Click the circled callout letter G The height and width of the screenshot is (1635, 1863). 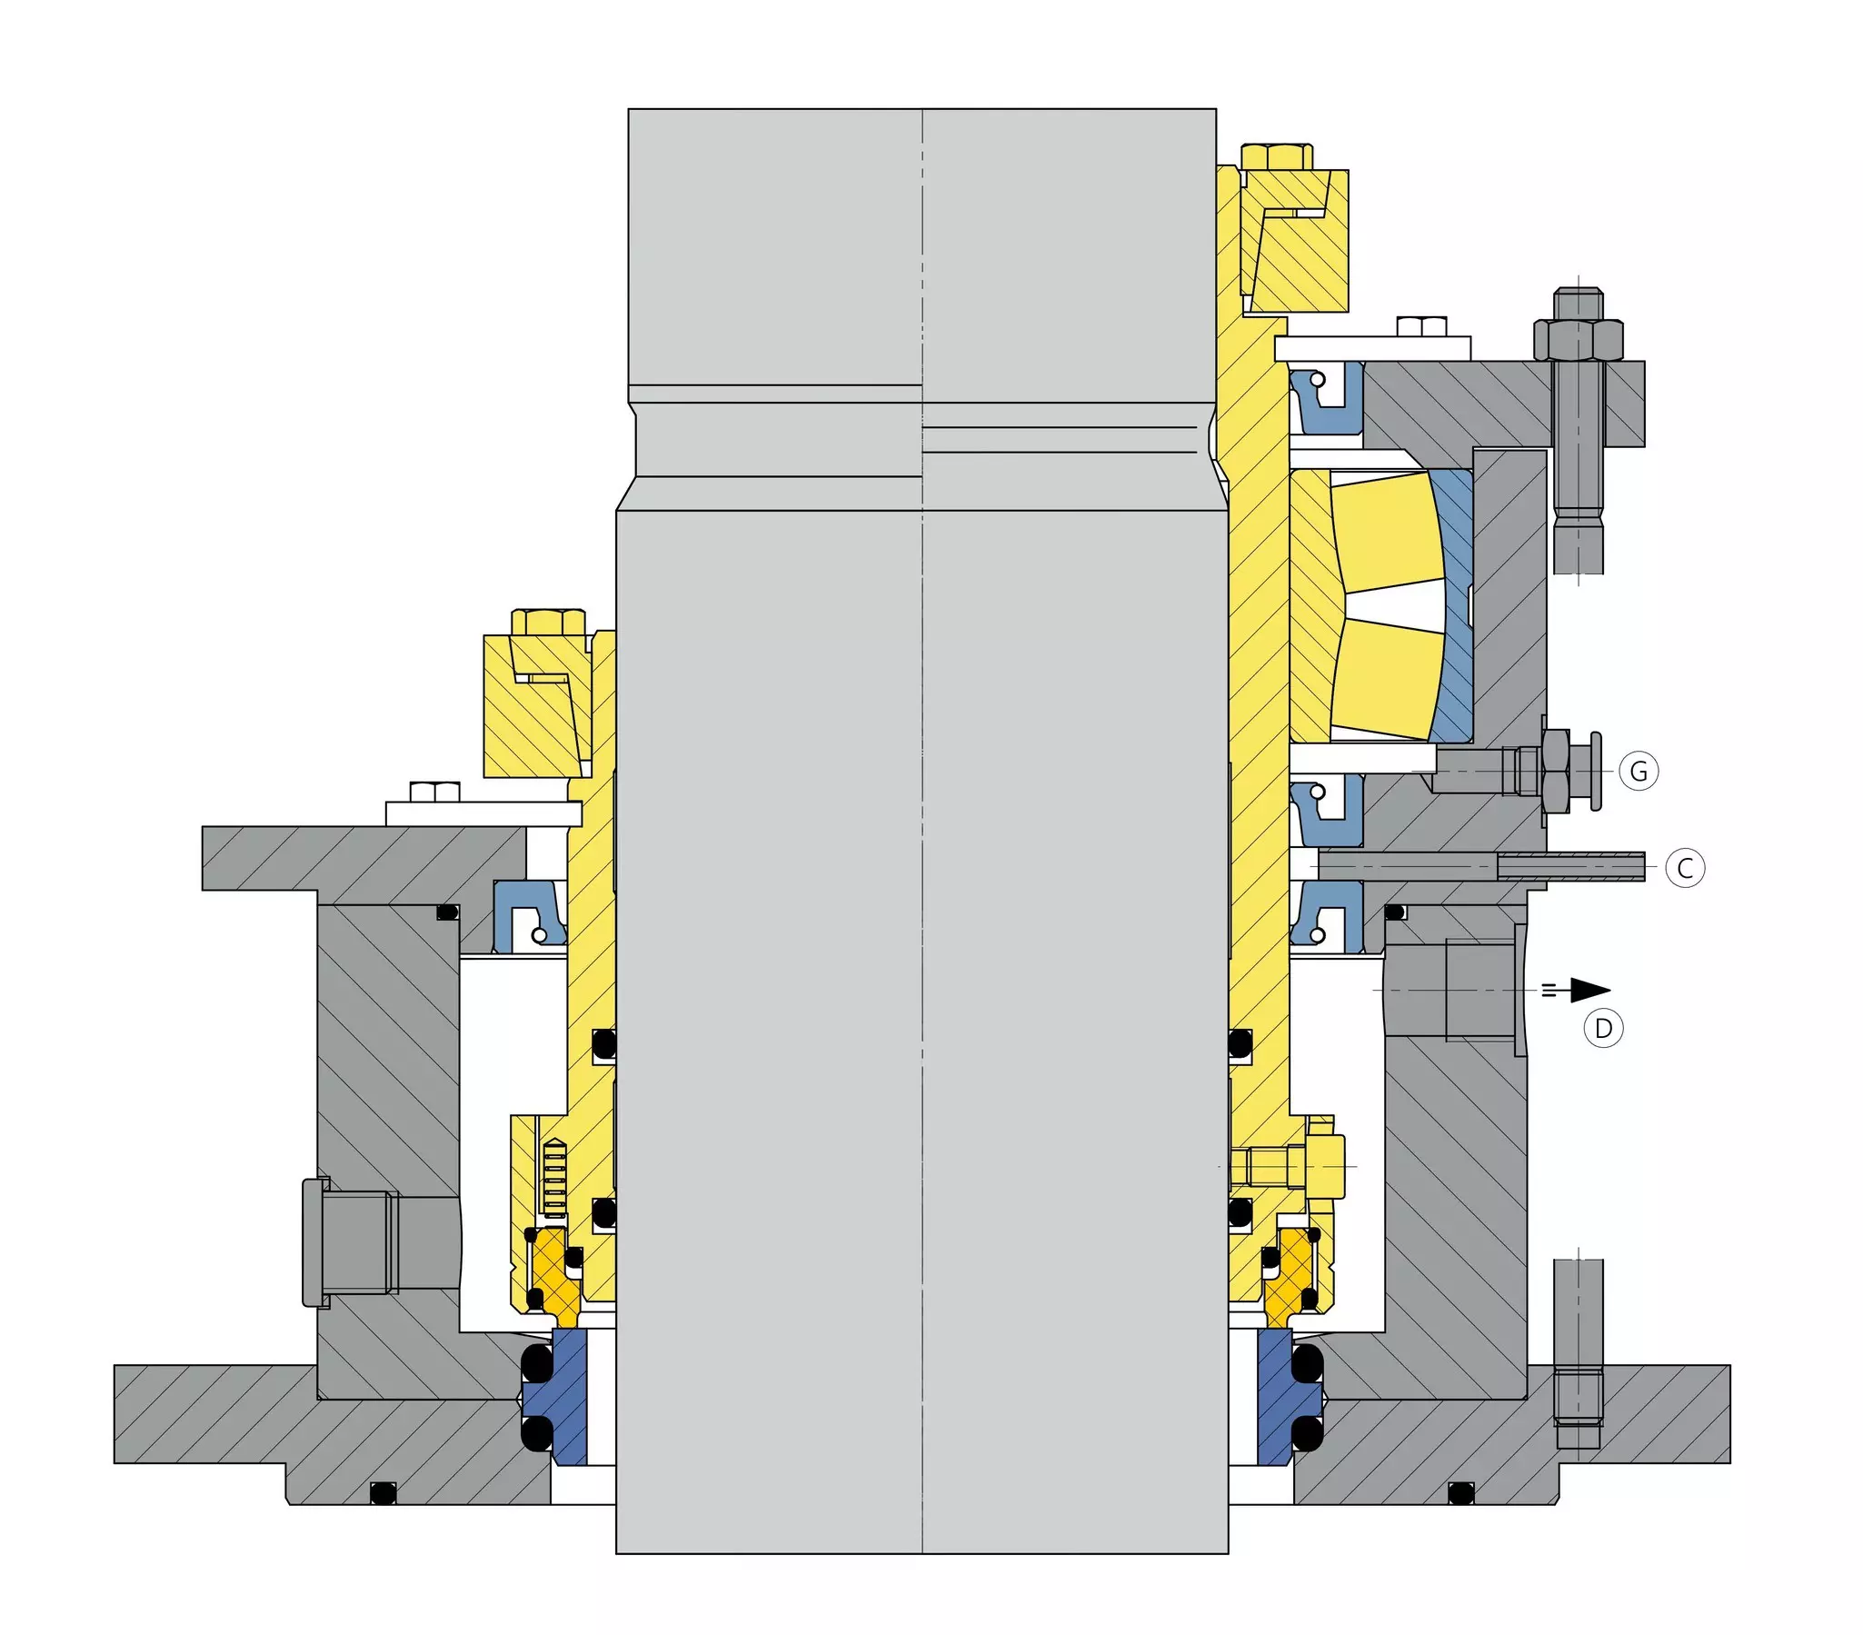coord(1639,771)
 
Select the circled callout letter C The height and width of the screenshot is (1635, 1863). coord(1684,868)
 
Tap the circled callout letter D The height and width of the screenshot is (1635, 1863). coord(1603,1029)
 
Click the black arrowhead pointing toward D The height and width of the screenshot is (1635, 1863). coord(1589,990)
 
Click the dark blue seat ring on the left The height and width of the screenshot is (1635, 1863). coord(571,1396)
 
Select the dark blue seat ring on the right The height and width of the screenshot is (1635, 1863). coord(1275,1396)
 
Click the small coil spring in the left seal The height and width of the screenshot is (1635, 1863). coord(553,1178)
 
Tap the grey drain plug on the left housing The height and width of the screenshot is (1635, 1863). coord(351,1241)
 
